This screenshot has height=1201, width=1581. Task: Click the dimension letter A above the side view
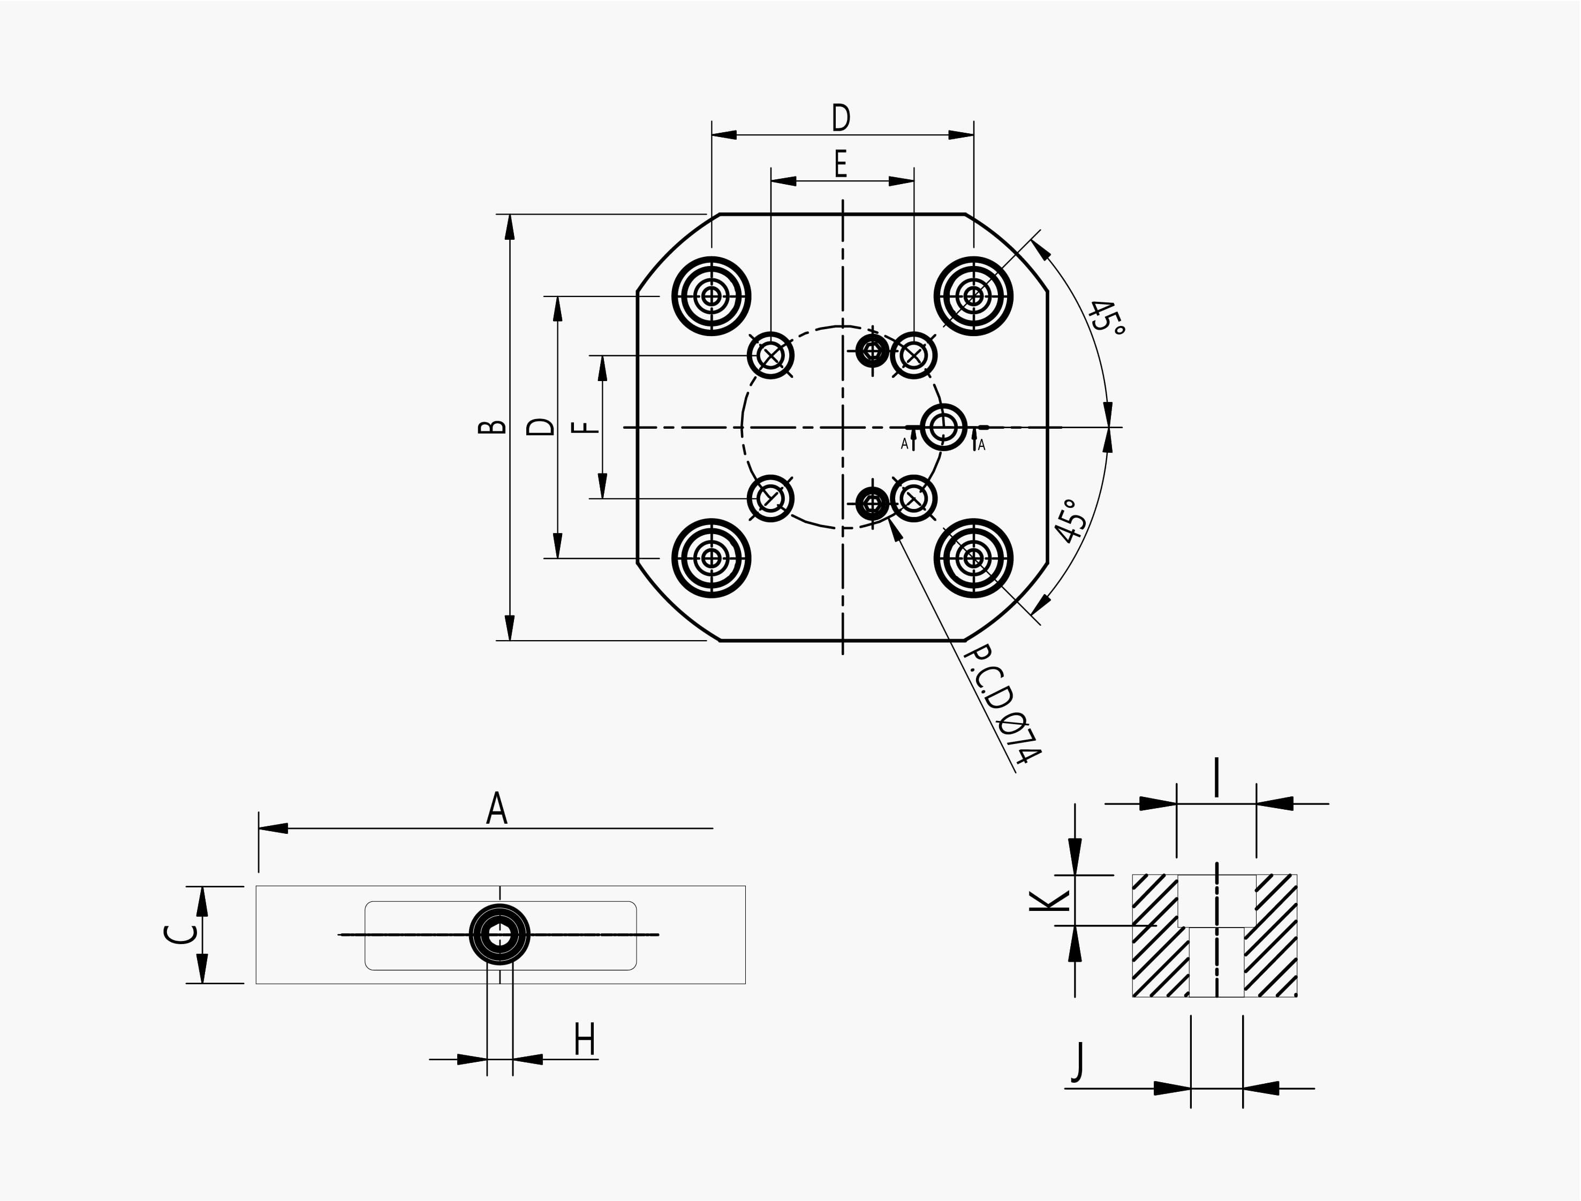pyautogui.click(x=497, y=809)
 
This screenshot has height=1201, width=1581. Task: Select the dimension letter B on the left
pyautogui.click(x=492, y=427)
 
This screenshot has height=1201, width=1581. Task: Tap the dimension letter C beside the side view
pyautogui.click(x=179, y=934)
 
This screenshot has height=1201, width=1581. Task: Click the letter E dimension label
pyautogui.click(x=841, y=164)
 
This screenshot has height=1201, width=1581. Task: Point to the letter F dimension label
pyautogui.click(x=586, y=428)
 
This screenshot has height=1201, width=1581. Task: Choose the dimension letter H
pyautogui.click(x=585, y=1039)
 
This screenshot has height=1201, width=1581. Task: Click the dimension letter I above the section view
pyautogui.click(x=1216, y=778)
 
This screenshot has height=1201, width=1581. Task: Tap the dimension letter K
pyautogui.click(x=1049, y=900)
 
